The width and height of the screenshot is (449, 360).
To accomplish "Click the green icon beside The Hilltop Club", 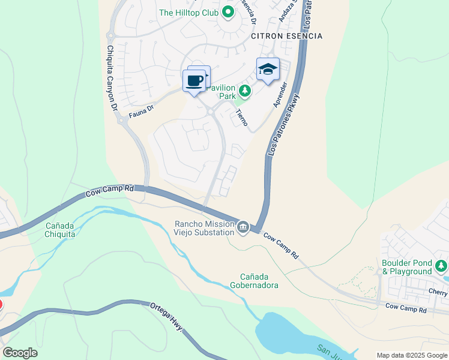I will (x=228, y=12).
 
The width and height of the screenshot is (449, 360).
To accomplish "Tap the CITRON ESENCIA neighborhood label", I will (x=286, y=36).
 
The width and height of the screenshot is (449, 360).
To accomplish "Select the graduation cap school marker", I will (x=268, y=70).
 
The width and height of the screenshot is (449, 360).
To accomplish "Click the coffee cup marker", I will (x=194, y=81).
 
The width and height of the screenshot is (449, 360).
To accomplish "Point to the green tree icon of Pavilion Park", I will (x=244, y=91).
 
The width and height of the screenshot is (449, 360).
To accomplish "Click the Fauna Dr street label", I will (x=142, y=109).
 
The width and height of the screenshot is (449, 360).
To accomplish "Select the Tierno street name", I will (x=241, y=117).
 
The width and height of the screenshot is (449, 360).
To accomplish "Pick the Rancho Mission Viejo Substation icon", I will (x=243, y=226).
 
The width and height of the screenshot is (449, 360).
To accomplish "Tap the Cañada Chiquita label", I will (x=61, y=230).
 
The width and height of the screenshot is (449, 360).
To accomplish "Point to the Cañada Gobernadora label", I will (x=255, y=281).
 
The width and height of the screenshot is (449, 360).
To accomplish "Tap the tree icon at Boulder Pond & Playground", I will (x=441, y=265).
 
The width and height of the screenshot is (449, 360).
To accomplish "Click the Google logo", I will (x=20, y=353).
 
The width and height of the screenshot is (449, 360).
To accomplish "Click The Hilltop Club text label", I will (x=188, y=12).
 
